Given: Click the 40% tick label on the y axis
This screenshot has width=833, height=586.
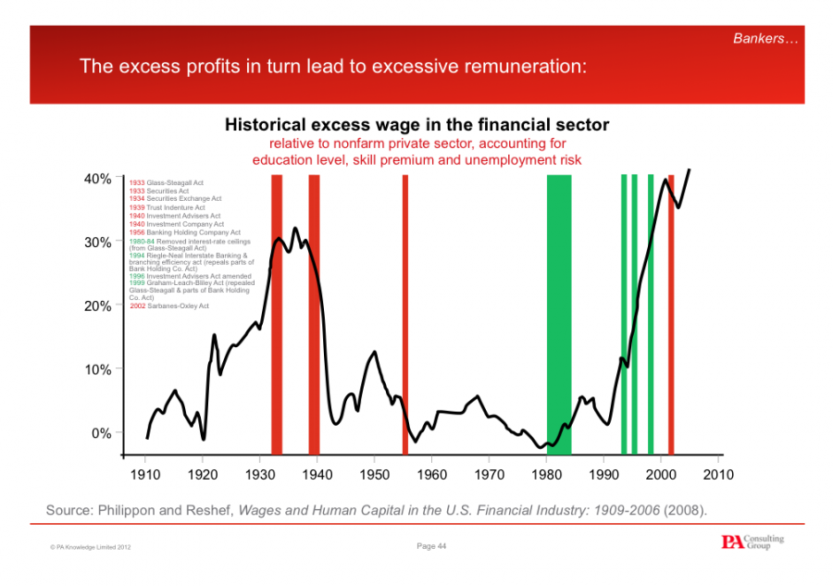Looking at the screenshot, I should tap(98, 179).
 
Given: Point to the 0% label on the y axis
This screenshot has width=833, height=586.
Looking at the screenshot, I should tap(102, 433).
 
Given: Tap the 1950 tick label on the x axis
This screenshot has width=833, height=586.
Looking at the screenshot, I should tap(375, 475).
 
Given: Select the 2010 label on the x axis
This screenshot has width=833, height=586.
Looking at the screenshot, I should tap(718, 475).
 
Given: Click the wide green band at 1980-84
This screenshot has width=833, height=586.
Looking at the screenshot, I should tap(559, 315).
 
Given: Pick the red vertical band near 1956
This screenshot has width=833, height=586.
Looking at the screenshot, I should tap(405, 315).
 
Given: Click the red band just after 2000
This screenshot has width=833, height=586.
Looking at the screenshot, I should tap(671, 315).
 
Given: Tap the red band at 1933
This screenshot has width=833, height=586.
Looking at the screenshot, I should tap(277, 315).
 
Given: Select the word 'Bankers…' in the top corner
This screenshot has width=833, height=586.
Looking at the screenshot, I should tap(765, 38).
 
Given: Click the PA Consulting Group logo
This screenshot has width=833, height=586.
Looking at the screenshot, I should tap(752, 542).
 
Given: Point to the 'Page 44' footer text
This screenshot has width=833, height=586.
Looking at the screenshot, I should tap(432, 546).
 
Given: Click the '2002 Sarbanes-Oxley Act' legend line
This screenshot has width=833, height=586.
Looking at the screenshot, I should tap(169, 305).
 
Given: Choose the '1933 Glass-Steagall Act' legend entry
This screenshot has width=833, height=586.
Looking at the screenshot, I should tap(166, 182).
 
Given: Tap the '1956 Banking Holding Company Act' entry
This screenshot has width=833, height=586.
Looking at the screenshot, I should tap(184, 232).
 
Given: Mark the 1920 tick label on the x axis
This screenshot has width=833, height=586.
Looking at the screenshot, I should tap(203, 475).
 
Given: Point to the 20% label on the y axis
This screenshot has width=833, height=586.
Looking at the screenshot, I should tap(98, 305).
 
